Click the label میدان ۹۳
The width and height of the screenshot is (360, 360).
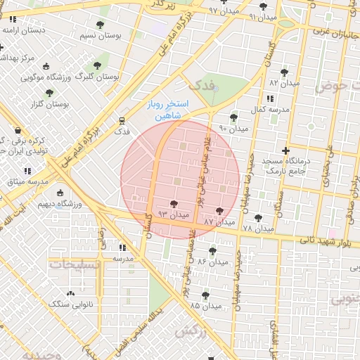pos(173,214)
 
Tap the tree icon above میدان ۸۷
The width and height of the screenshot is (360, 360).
pos(220,210)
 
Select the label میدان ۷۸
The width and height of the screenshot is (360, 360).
pos(257,228)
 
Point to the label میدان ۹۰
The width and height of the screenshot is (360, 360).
pos(234,128)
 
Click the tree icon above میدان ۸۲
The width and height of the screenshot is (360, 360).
pos(284,72)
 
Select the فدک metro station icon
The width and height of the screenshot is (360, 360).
pos(122,120)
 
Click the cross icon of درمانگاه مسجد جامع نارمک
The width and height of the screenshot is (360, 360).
pos(285,150)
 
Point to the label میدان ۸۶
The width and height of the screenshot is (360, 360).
pos(212,261)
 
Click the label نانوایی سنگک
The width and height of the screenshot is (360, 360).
pos(70,304)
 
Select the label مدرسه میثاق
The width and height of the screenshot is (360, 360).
pos(27,181)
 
